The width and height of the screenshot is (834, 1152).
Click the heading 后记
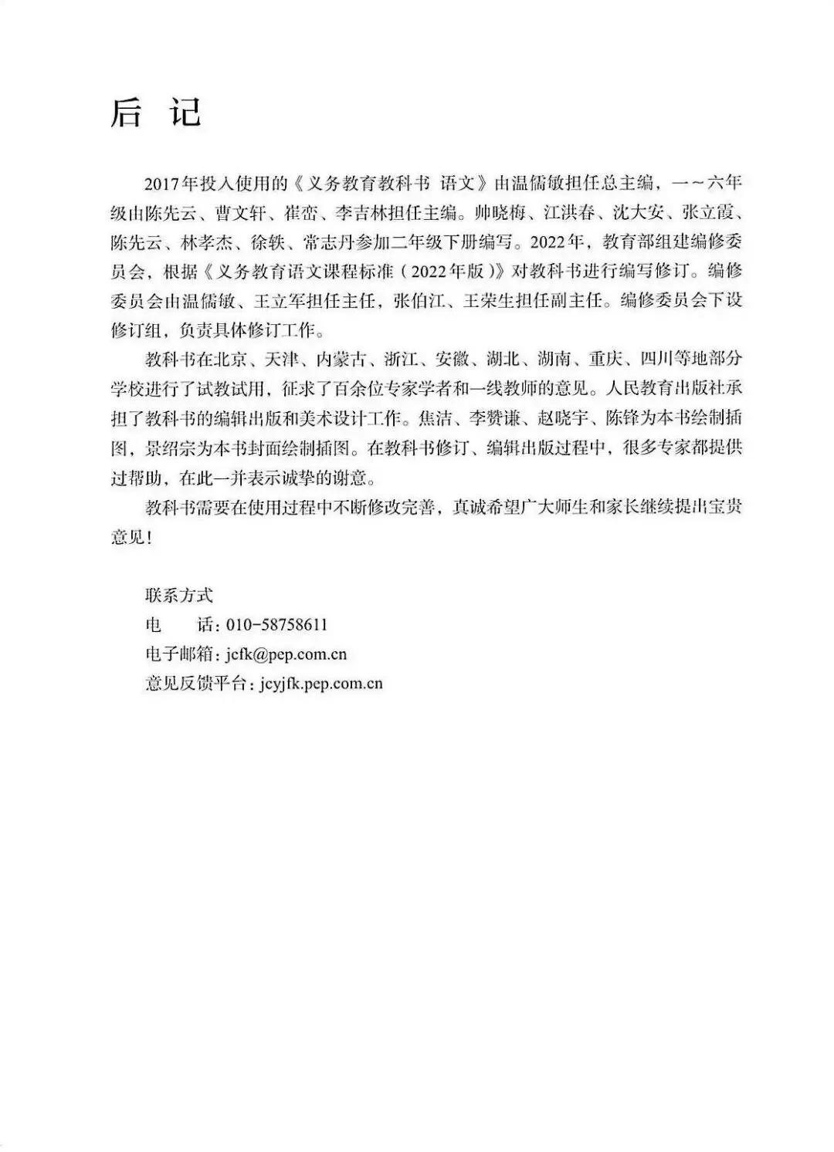[x=155, y=113]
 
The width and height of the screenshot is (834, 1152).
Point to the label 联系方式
[x=178, y=595]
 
